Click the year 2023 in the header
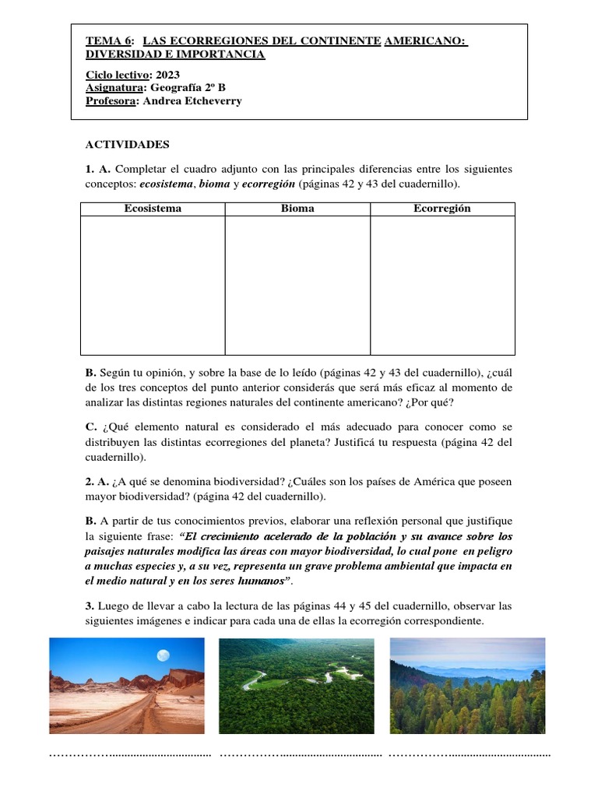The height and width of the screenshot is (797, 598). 167,75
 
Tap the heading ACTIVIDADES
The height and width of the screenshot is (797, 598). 127,145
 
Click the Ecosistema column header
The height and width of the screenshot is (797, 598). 153,209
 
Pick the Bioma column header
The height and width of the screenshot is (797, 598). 297,209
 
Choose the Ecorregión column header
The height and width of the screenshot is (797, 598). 442,209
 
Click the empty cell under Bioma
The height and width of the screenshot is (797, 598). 297,285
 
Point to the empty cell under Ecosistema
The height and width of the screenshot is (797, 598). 153,285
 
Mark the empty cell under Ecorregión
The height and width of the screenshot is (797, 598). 442,285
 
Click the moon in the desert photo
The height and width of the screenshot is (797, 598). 163,655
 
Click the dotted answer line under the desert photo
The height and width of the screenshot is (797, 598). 130,754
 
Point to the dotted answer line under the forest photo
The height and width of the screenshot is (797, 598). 469,754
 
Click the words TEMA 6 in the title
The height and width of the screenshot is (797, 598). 110,40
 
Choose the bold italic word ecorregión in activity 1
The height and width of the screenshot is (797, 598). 269,184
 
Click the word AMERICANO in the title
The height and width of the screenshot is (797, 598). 424,40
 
